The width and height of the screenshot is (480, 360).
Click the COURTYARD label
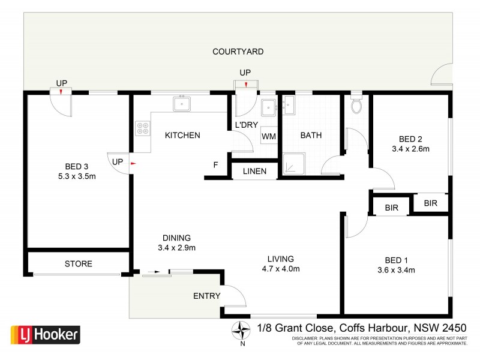click(x=238, y=52)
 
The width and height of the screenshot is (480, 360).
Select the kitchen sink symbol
click(x=182, y=104)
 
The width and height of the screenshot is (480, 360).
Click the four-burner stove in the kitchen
click(x=144, y=128)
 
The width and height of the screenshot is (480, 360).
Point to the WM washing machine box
click(x=269, y=136)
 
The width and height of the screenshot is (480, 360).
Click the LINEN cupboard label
click(x=255, y=171)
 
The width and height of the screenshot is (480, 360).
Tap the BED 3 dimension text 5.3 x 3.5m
click(x=77, y=177)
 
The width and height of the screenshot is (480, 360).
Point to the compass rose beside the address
click(x=242, y=331)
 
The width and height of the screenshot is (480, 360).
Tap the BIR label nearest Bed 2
click(x=430, y=203)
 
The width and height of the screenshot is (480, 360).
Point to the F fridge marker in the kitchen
click(x=215, y=164)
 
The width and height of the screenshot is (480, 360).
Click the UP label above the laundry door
click(x=245, y=73)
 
